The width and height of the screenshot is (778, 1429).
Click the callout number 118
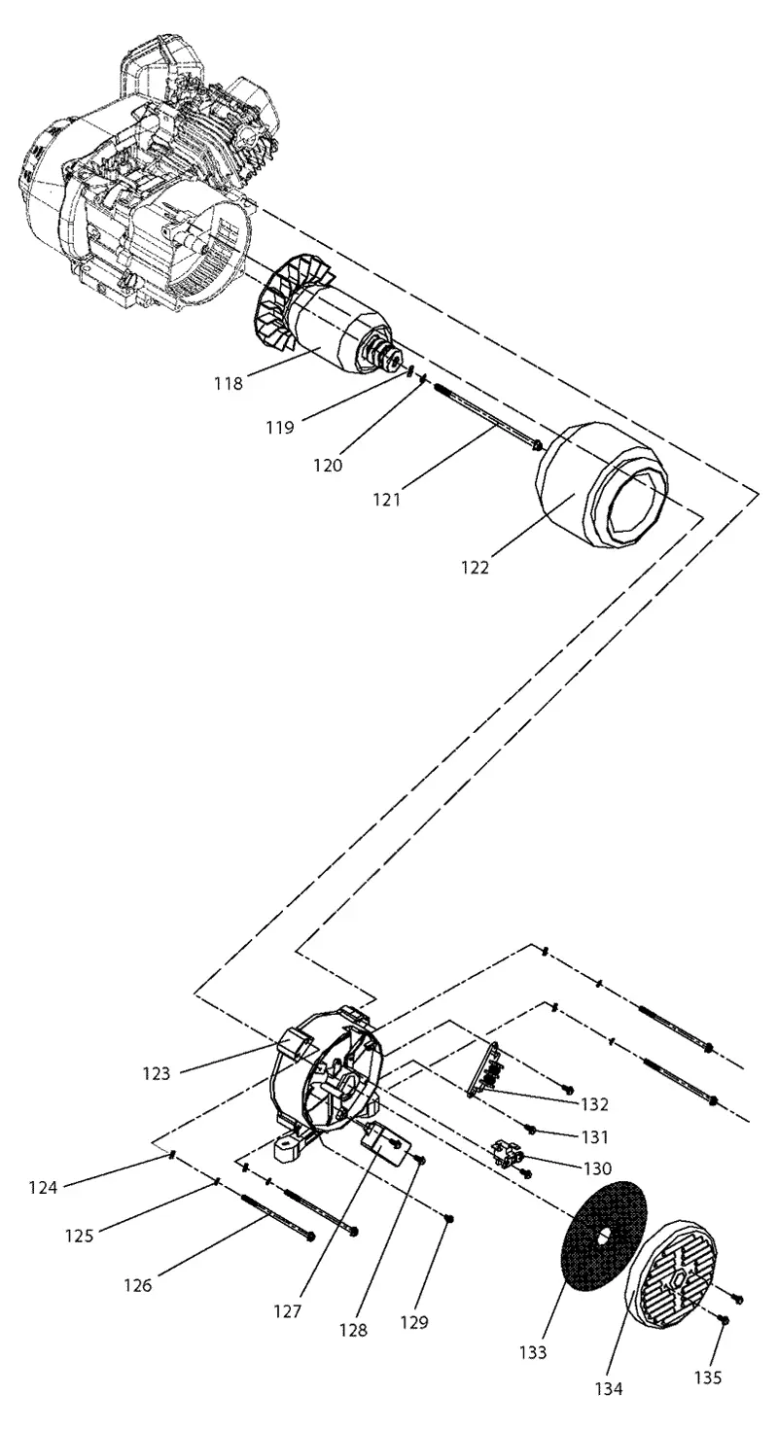point(230,383)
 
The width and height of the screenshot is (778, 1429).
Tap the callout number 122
point(475,567)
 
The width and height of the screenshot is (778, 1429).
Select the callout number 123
point(157,1073)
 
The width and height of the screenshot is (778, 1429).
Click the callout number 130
point(597,1168)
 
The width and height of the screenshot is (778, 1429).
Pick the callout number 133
point(533,1352)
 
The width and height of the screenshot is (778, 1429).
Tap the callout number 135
point(708,1378)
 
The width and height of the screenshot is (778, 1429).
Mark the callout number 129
point(414,1322)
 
